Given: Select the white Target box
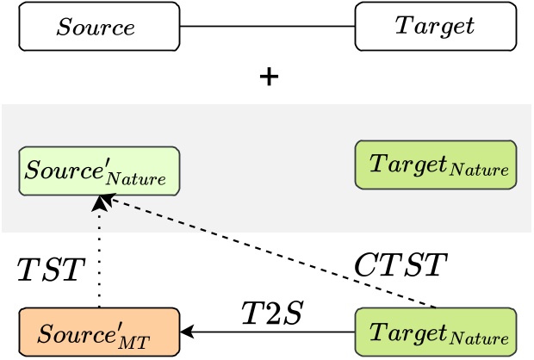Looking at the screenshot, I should point(436,26).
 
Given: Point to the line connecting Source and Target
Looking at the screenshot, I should point(267,26).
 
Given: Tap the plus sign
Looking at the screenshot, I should point(270,78).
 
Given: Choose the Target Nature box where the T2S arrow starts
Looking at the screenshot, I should point(436,332).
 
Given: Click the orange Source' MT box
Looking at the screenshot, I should point(99,332).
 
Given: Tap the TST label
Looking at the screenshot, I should point(50,270).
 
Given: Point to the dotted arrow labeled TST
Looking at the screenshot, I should point(100,258).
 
